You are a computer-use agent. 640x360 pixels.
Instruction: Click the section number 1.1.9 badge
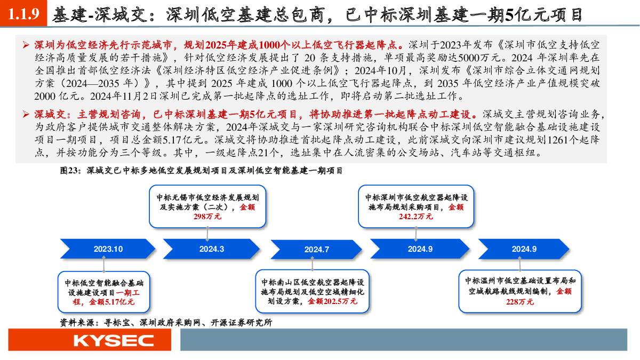pyautogui.click(x=23, y=13)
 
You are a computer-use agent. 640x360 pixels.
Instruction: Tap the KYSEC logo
pyautogui.click(x=114, y=341)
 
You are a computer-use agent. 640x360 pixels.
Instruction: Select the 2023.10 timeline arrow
pyautogui.click(x=108, y=249)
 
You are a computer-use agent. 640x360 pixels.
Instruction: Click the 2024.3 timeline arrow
pyautogui.click(x=211, y=249)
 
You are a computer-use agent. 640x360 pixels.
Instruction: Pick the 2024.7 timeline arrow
pyautogui.click(x=316, y=250)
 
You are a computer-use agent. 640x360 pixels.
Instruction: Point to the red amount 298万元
pyautogui.click(x=207, y=217)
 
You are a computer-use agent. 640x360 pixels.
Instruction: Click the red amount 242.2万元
pyautogui.click(x=415, y=217)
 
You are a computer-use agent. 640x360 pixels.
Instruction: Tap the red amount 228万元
pyautogui.click(x=519, y=302)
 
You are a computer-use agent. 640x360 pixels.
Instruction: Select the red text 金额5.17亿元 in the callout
pyautogui.click(x=111, y=302)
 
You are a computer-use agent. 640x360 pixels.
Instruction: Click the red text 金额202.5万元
pyautogui.click(x=333, y=301)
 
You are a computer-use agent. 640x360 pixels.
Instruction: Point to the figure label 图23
pyautogui.click(x=69, y=171)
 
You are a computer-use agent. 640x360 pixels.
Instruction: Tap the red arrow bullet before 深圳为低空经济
pyautogui.click(x=26, y=45)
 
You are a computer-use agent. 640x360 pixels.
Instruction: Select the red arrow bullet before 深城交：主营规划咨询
pyautogui.click(x=26, y=114)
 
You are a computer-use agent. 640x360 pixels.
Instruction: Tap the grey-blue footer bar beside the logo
pyautogui.click(x=404, y=340)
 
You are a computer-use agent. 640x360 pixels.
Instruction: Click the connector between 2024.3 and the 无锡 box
pyautogui.click(x=207, y=234)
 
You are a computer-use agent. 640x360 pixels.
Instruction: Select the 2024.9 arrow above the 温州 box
pyautogui.click(x=524, y=249)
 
